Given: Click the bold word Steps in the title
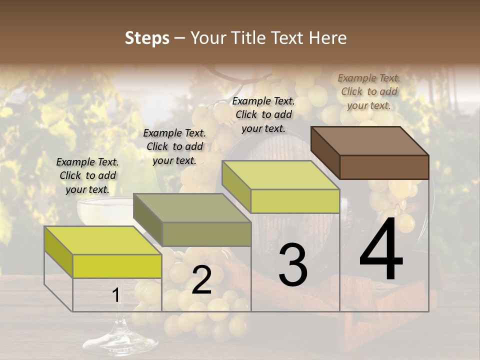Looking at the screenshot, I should coord(147,38).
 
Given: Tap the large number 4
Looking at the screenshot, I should coord(381,249).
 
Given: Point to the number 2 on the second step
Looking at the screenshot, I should coord(201,280).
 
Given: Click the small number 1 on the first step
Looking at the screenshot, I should coord(115,295).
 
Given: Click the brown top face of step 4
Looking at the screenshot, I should coord(370,140).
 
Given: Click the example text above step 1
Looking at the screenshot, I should coord(87,175).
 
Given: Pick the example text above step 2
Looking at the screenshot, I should coord(174,146).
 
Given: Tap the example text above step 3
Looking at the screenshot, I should coord(263,114).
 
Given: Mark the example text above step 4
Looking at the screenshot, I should coord(369,91).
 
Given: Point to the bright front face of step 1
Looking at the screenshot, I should coord(117,266).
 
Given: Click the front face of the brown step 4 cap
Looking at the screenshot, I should coord(384,167).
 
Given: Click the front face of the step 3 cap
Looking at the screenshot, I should coord(295,201).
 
